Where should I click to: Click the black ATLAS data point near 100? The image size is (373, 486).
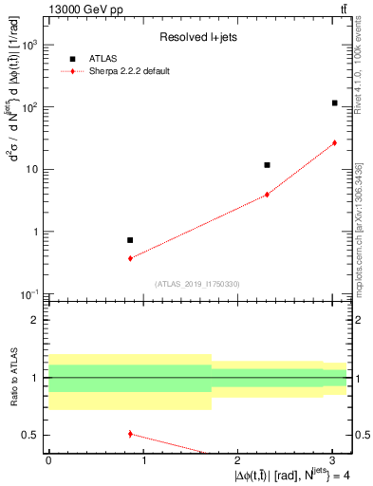[334, 103]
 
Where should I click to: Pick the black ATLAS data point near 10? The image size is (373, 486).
[267, 165]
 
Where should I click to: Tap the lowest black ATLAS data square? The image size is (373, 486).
[130, 240]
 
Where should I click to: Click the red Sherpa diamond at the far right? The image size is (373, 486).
[334, 143]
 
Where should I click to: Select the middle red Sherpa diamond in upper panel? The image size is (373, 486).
[267, 194]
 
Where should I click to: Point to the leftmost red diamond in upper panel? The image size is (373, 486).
[130, 258]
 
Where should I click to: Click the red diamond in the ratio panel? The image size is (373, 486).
[130, 434]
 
